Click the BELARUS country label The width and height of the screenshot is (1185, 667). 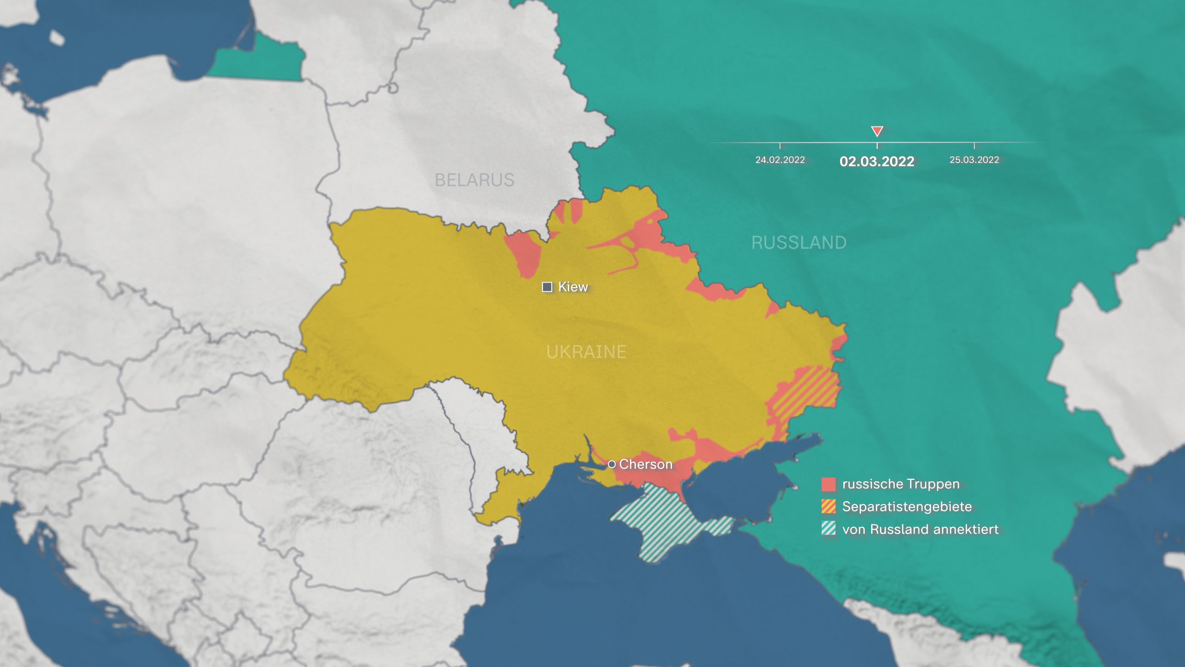(x=474, y=180)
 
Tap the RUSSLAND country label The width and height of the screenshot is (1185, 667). (x=798, y=243)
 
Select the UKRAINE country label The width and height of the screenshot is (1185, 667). (x=586, y=352)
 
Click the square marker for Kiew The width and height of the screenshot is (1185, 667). (x=547, y=287)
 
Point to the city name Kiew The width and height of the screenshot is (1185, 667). (x=573, y=287)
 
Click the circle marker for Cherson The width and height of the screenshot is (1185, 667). (x=611, y=464)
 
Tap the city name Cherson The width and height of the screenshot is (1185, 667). (x=646, y=464)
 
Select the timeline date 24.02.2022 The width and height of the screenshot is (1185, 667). (x=780, y=160)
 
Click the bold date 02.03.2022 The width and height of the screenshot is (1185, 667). (x=877, y=161)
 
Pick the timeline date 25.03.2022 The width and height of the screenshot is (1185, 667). (x=974, y=160)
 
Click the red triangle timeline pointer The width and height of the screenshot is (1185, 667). (x=877, y=131)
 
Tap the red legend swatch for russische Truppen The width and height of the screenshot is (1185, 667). (x=829, y=485)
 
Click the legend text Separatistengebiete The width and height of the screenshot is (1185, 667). (x=907, y=507)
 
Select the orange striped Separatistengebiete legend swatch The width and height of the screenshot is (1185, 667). (x=829, y=507)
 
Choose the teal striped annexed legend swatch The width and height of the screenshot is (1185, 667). (x=829, y=529)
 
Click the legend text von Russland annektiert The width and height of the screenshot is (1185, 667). (x=920, y=529)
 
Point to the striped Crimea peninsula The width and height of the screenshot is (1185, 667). (x=667, y=523)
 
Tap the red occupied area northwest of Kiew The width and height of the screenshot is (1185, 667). (x=525, y=252)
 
